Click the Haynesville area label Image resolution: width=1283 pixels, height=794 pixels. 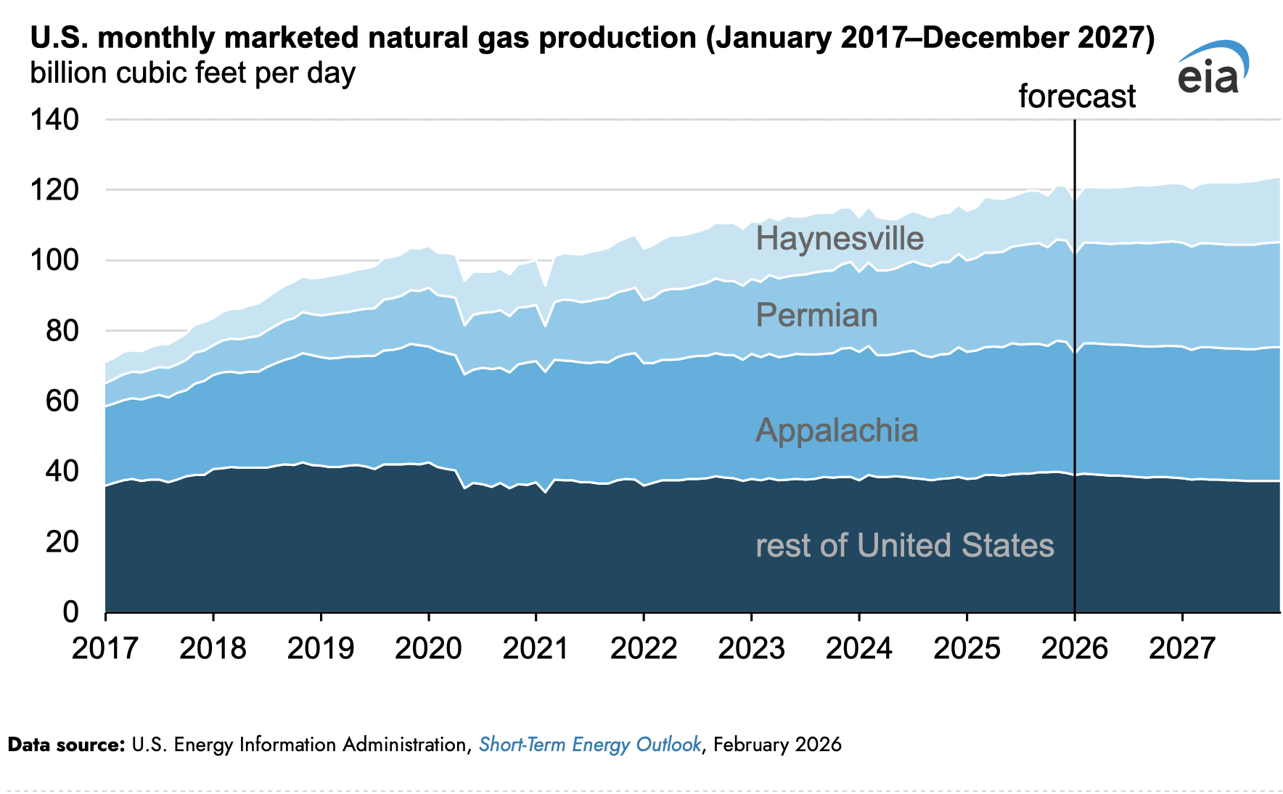[840, 239]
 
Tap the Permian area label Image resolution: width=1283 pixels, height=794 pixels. [816, 315]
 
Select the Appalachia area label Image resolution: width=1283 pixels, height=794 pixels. [837, 430]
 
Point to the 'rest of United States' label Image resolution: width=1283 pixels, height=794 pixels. [905, 545]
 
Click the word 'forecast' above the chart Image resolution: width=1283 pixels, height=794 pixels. [1077, 97]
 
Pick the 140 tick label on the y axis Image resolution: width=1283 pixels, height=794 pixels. [54, 120]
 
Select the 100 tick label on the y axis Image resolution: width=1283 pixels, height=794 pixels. [54, 260]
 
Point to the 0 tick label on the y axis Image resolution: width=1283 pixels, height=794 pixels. [70, 612]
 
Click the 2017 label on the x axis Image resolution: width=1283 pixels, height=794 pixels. [105, 648]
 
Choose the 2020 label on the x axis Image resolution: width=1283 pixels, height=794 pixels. [428, 648]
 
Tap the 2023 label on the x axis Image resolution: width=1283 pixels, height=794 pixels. [751, 648]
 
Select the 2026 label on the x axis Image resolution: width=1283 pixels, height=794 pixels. [1074, 648]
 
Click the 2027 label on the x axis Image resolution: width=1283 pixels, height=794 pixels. [1182, 648]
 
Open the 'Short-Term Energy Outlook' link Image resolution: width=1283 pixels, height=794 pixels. [590, 745]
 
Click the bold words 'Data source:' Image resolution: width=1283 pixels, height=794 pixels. [66, 745]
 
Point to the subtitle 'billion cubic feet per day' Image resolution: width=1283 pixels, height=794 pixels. [192, 73]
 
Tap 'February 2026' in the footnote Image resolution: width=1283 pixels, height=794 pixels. [777, 745]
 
